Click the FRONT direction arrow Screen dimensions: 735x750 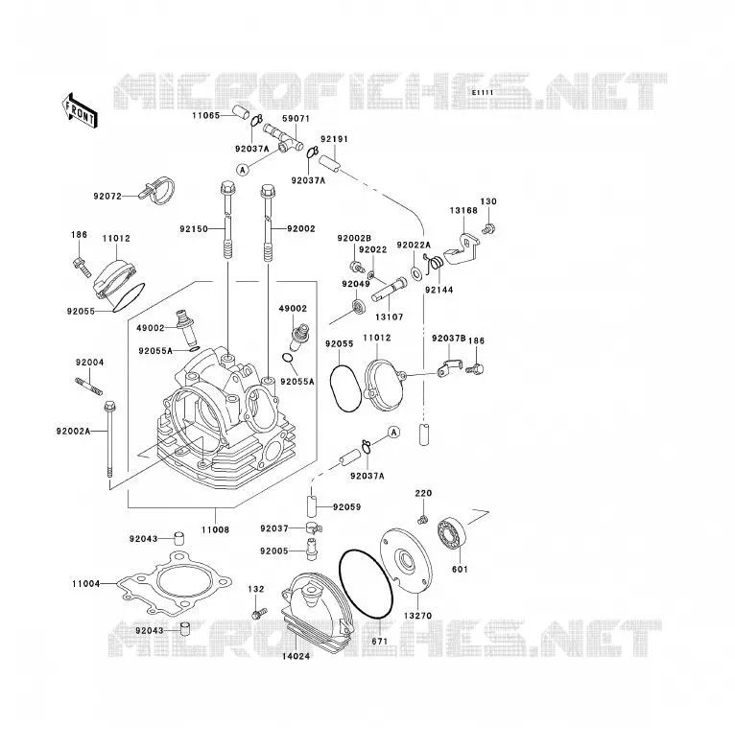coord(80,111)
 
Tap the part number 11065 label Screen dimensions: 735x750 coord(205,116)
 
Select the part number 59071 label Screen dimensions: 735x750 coord(296,119)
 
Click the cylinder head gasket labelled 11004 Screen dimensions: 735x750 coord(175,583)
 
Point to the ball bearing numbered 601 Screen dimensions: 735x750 coord(452,532)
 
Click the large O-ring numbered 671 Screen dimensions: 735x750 coord(367,584)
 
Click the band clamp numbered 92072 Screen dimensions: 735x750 coord(157,190)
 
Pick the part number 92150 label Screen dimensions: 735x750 coord(194,229)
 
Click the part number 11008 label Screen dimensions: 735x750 coord(215,530)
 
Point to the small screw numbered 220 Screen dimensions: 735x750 coord(421,520)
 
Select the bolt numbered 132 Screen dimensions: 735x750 coord(259,613)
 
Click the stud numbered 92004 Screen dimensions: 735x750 coord(88,387)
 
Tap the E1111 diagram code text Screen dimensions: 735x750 coord(483,93)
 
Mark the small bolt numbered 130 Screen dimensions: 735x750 coord(488,228)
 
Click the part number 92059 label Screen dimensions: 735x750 coord(347,507)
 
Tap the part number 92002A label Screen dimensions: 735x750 coord(73,432)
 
